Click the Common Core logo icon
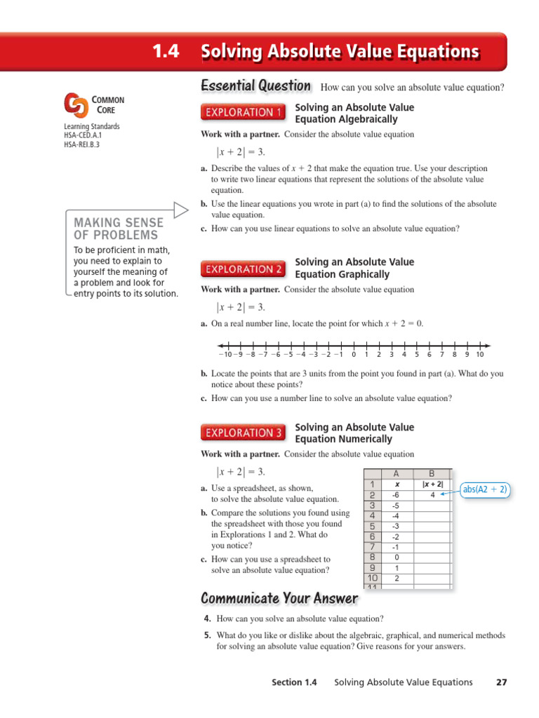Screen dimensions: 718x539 coord(76,106)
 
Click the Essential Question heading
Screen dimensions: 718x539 coord(255,86)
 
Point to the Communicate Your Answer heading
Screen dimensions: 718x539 coord(279,599)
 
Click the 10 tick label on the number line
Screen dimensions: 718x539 coord(480,355)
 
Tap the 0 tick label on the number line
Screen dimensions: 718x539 coord(354,355)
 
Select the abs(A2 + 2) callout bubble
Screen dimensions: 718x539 coord(484,490)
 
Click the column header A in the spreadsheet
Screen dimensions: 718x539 coord(397,473)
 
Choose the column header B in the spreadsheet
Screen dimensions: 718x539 coord(432,473)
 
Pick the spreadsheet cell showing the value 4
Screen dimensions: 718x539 coord(432,495)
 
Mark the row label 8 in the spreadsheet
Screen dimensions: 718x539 coord(371,557)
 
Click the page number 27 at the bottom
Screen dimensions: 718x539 coord(501,682)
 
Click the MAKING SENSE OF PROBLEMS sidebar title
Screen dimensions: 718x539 coord(118,229)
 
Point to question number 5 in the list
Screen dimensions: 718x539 coord(207,636)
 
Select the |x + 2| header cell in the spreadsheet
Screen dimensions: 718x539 coord(432,485)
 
